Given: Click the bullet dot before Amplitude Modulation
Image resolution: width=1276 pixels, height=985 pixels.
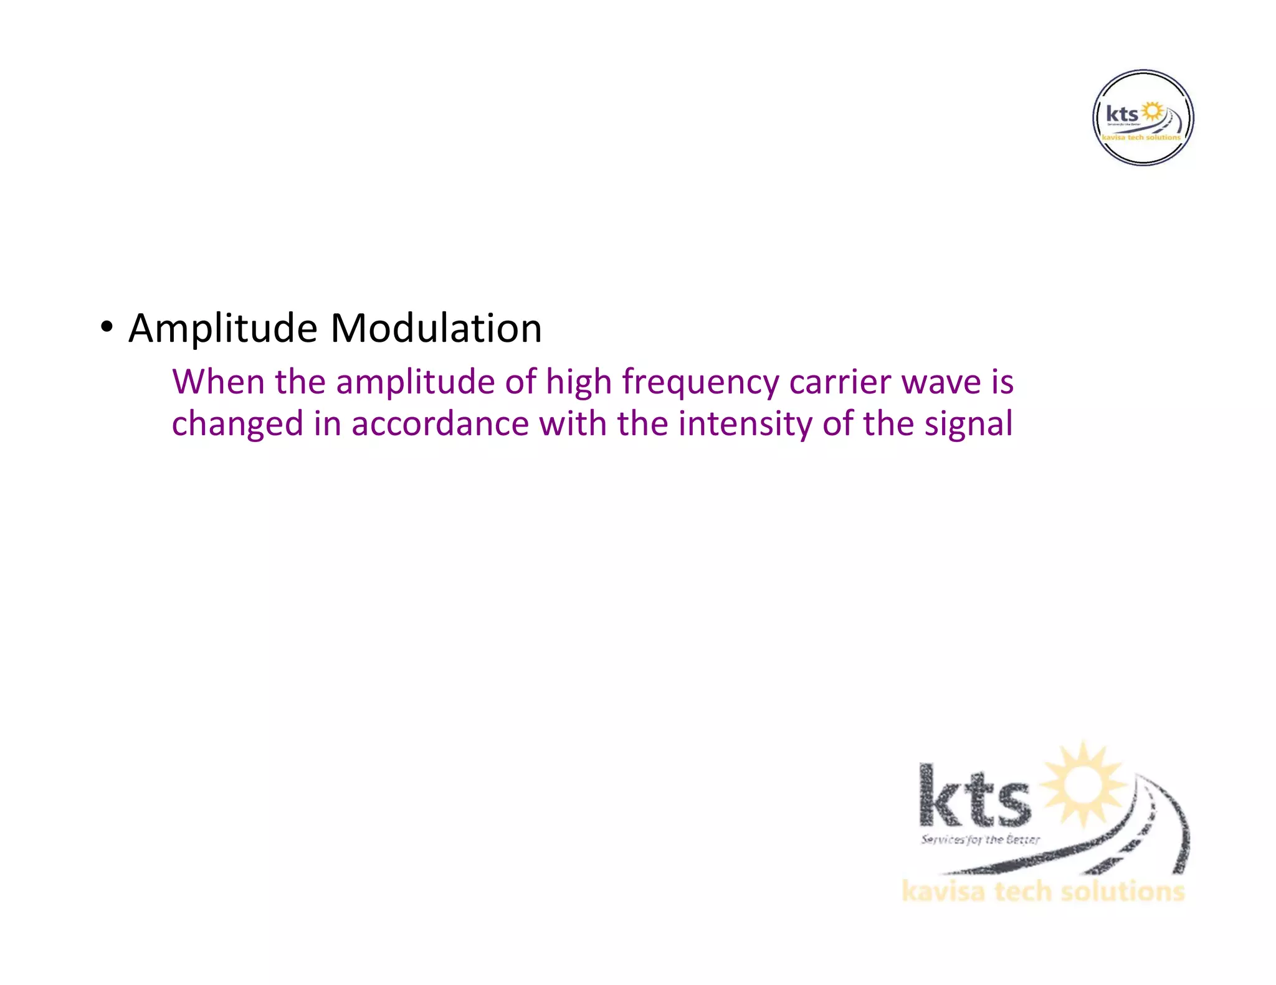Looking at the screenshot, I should (x=107, y=326).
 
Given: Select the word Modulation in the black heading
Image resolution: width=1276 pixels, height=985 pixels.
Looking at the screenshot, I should (x=436, y=328).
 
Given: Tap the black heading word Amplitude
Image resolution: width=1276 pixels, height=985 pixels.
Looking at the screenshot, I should (x=222, y=328).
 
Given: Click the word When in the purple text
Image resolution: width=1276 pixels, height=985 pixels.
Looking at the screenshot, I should (x=218, y=382).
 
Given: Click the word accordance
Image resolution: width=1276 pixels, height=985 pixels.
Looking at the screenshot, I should (x=440, y=423).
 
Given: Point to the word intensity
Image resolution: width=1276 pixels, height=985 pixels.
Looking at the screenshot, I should (x=745, y=423).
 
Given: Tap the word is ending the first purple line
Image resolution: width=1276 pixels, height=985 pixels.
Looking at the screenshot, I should (x=1002, y=382).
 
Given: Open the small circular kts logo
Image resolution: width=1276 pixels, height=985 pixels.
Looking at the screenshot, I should (x=1143, y=118).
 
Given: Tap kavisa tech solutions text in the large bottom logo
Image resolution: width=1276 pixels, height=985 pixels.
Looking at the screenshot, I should (x=1043, y=891).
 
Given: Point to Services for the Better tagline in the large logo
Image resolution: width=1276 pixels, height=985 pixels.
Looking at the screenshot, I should (x=980, y=839).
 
